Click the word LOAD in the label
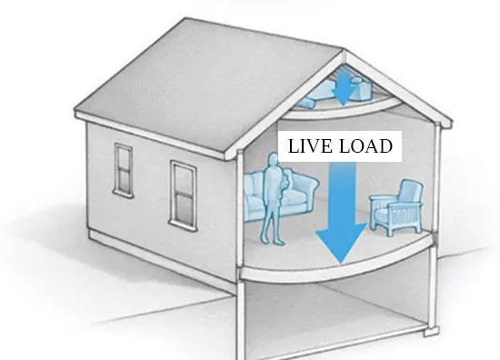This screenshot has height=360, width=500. (365, 146)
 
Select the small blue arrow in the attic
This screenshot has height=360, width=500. (344, 86)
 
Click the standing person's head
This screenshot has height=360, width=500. (273, 159)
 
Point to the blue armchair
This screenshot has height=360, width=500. (396, 208)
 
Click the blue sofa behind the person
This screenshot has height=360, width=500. (281, 196)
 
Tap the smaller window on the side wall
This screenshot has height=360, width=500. (124, 169)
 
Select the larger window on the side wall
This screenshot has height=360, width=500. (183, 195)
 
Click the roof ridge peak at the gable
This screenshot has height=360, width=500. (344, 50)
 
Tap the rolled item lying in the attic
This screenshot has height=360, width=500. (306, 102)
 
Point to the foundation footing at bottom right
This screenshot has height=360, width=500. (432, 331)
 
